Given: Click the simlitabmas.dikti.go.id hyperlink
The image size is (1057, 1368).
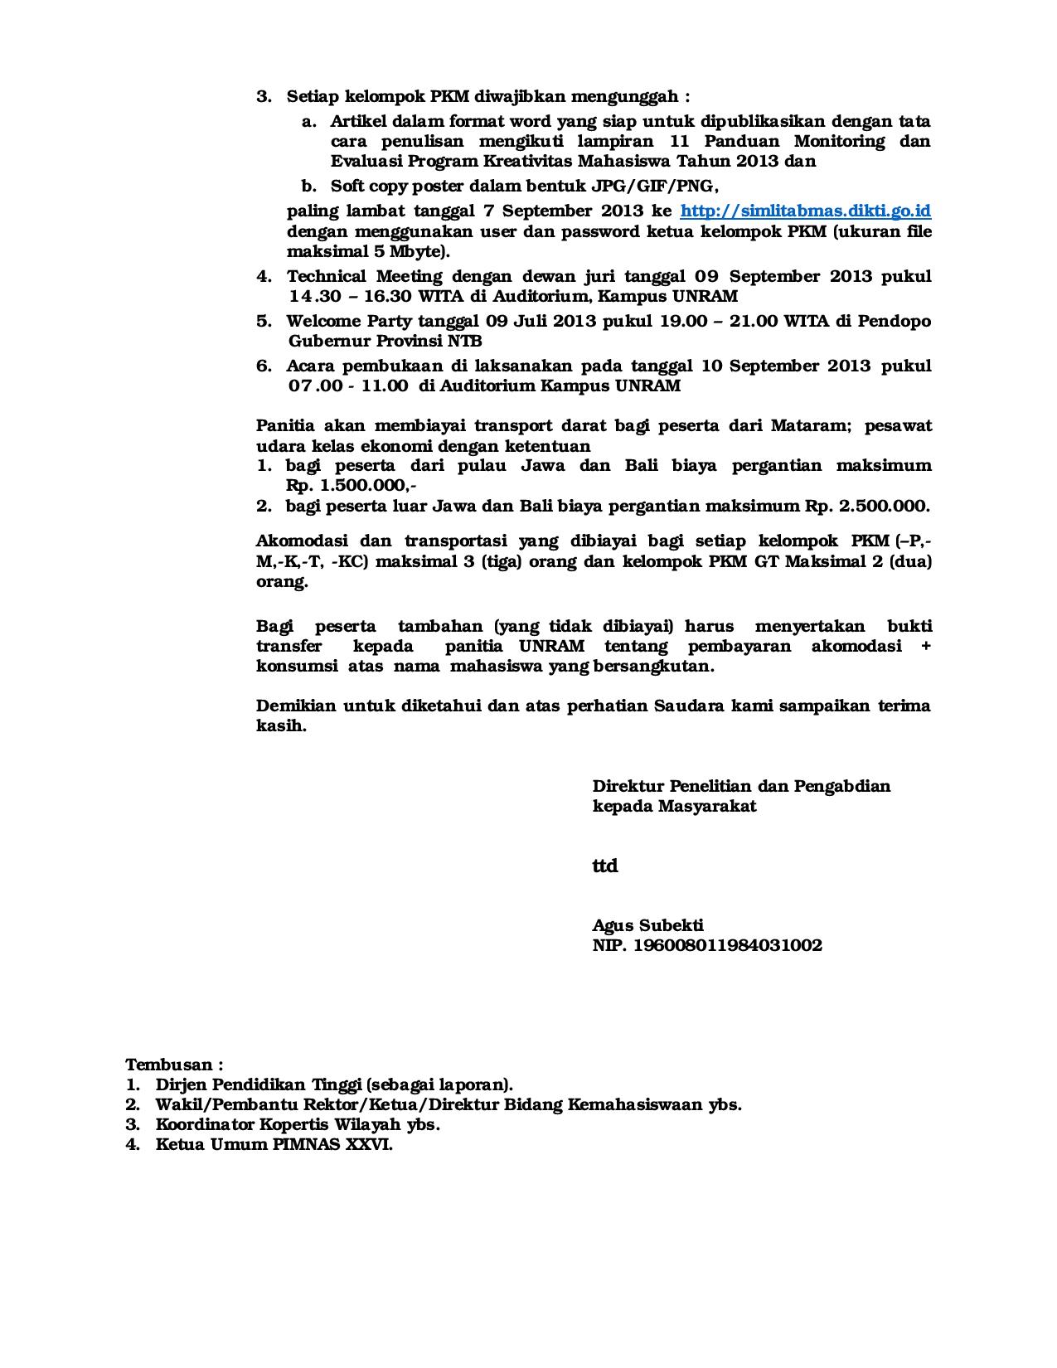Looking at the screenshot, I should click(x=805, y=211).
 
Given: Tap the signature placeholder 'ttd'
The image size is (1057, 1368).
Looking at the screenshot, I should click(x=604, y=866).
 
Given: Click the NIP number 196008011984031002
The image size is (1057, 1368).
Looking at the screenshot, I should click(x=727, y=946).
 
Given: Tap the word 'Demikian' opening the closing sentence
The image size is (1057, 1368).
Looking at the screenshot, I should click(x=295, y=706).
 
